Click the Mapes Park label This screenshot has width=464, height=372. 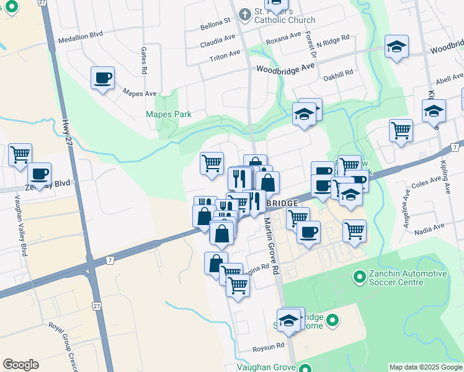(168, 114)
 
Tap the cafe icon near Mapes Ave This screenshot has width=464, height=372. (103, 78)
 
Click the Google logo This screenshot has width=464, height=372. (20, 365)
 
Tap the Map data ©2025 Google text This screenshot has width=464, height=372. (426, 367)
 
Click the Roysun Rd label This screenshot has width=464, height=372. (272, 345)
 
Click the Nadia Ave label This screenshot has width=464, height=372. (431, 228)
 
